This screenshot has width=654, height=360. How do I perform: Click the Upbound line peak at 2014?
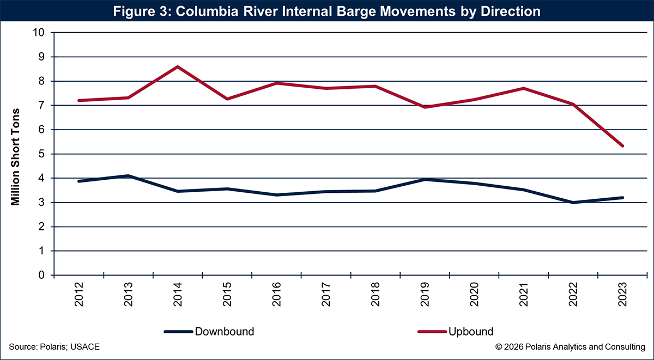click(x=178, y=66)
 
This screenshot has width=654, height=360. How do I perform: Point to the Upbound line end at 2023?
click(x=622, y=146)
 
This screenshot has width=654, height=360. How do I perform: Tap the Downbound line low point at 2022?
click(x=573, y=202)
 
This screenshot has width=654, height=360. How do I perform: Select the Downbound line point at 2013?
click(x=128, y=175)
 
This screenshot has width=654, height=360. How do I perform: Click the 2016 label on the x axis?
click(x=276, y=294)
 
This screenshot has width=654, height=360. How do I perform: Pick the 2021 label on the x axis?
click(x=524, y=294)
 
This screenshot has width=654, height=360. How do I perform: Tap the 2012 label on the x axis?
click(x=79, y=294)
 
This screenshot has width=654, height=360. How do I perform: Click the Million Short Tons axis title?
click(x=16, y=157)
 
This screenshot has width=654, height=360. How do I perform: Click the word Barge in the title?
click(x=336, y=11)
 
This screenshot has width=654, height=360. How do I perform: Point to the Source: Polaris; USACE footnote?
click(x=54, y=347)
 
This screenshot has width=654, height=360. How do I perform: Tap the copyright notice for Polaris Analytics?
click(x=570, y=347)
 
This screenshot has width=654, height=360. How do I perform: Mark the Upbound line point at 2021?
click(x=524, y=88)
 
